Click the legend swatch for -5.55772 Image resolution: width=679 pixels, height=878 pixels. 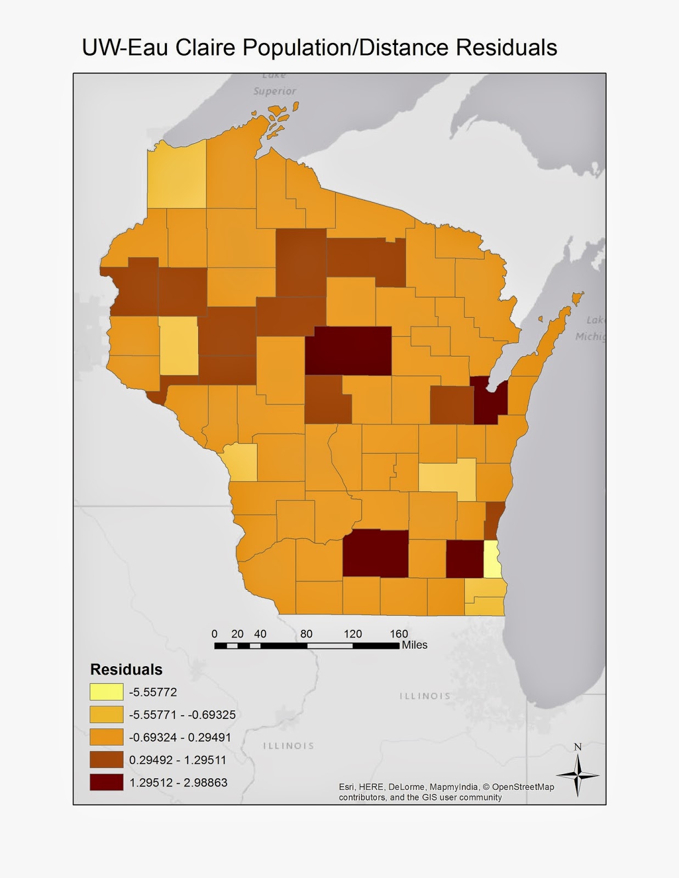pos(106,692)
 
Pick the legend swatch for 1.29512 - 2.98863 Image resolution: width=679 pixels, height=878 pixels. pos(106,783)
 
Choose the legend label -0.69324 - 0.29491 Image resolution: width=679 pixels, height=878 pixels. pos(180,737)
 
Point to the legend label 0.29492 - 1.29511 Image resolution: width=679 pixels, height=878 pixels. pos(178,760)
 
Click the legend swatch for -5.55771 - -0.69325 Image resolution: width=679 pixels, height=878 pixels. pos(106,714)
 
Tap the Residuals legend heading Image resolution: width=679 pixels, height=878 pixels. pos(126,669)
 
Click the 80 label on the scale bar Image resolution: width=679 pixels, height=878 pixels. pos(306,634)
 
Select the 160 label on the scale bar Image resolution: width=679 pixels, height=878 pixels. pos(399,634)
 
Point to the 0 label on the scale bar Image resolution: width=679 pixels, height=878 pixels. pos(215,634)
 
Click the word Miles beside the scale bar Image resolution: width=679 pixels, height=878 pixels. pos(414,645)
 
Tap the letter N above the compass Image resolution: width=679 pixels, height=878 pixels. pos(577,747)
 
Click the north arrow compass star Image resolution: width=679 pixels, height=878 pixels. pos(577,775)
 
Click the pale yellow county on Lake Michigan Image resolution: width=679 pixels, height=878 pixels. pos(492,559)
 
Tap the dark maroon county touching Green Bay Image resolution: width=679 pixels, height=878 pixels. pos(491,401)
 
